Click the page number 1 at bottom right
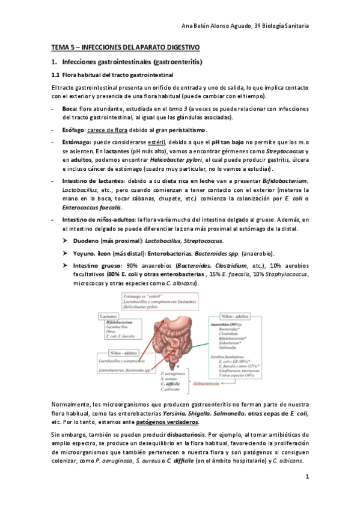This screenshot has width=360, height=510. [307, 478]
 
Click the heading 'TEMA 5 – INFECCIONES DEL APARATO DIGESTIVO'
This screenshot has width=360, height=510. [124, 47]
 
